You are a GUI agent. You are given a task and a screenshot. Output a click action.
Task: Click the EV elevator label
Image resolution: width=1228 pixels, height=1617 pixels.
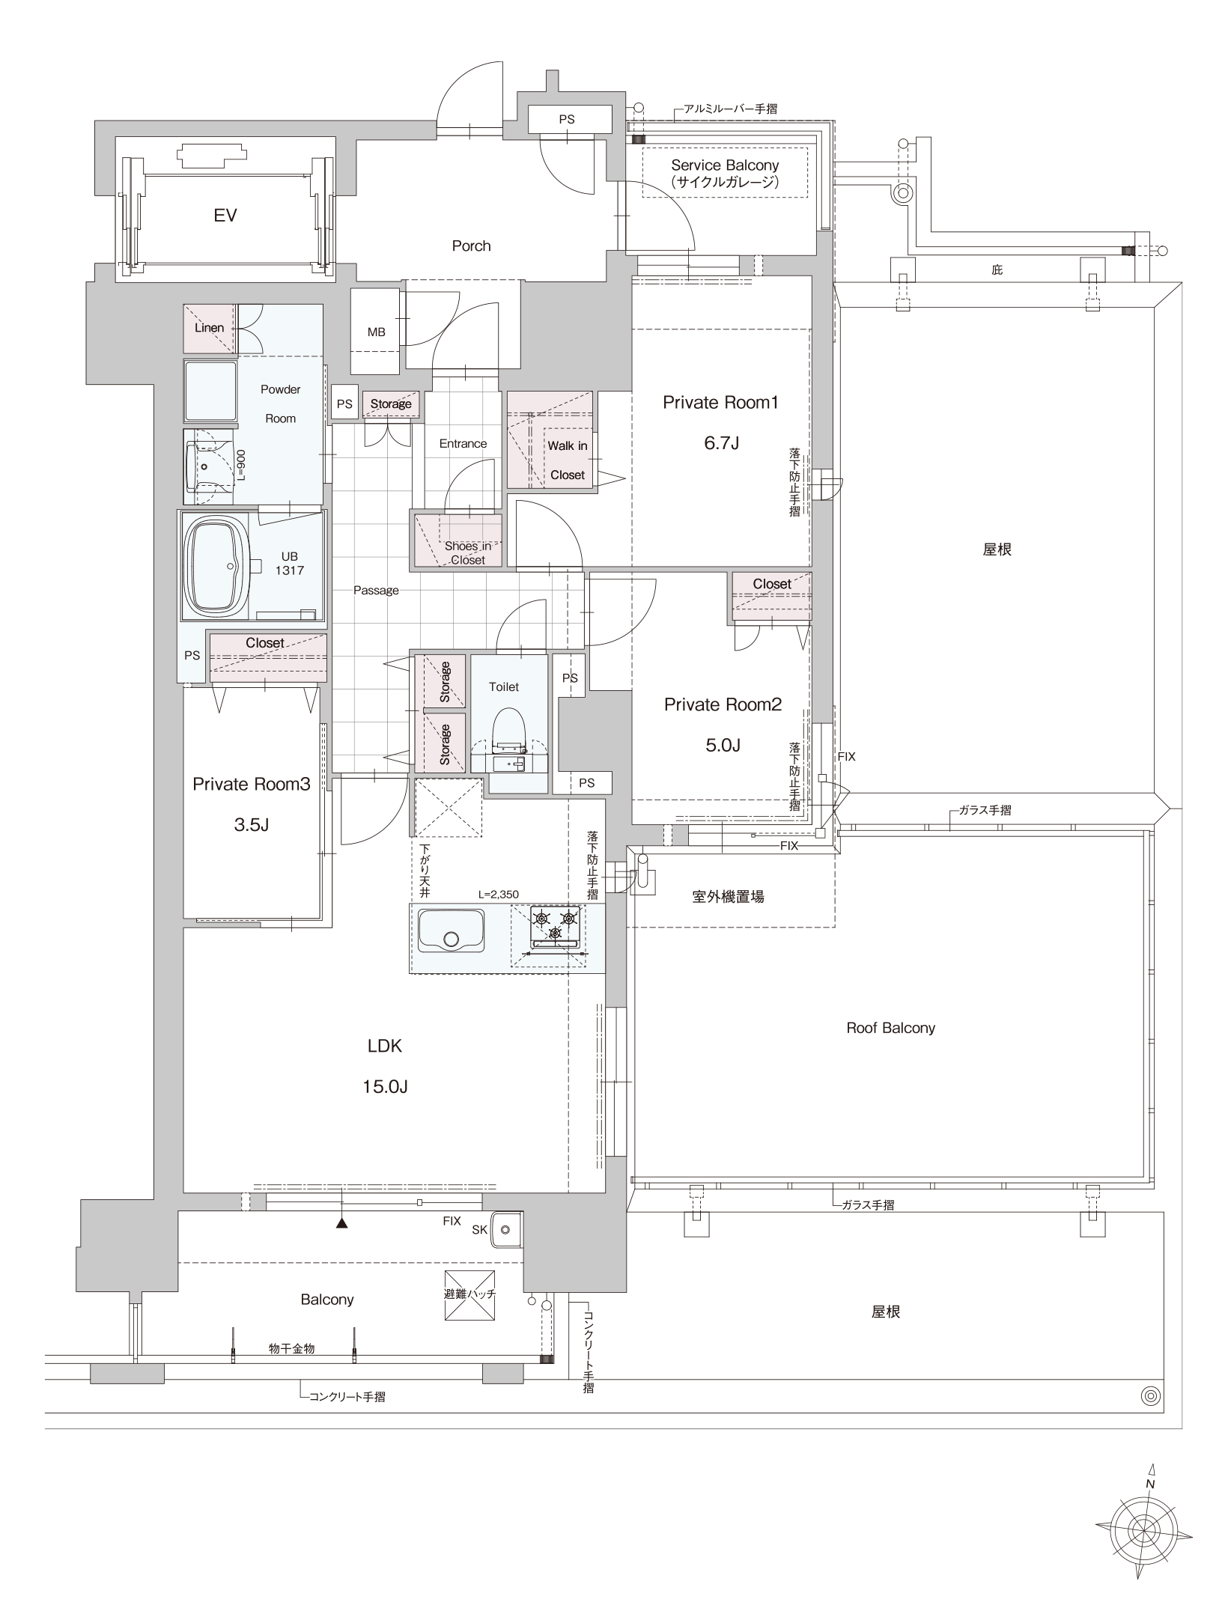225,216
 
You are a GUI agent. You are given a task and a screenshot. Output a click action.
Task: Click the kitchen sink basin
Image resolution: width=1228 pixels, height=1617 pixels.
451,931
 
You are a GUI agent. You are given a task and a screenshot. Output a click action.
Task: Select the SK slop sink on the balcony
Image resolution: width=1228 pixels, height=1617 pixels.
506,1229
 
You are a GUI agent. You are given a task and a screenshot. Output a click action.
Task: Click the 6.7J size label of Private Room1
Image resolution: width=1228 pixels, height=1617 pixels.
721,442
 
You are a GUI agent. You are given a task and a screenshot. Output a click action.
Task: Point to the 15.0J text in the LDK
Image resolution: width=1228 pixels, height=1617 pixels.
385,1086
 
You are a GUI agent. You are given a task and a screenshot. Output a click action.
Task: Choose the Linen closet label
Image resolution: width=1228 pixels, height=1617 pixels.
209,328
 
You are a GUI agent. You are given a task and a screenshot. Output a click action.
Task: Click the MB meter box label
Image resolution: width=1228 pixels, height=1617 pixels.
377,332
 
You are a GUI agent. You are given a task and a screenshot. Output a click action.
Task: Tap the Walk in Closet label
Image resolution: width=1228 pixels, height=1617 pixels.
568,460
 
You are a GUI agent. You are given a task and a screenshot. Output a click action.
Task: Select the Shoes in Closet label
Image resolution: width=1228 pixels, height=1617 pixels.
468,552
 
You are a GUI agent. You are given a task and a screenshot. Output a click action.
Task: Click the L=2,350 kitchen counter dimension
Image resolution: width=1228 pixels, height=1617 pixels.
499,895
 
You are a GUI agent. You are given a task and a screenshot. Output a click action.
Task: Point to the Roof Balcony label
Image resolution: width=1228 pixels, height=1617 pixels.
890,1028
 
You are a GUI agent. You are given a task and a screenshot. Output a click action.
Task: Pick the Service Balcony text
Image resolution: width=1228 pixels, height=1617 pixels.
725,165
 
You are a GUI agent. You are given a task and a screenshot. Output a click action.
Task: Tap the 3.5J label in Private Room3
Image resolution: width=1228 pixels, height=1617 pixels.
251,825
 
